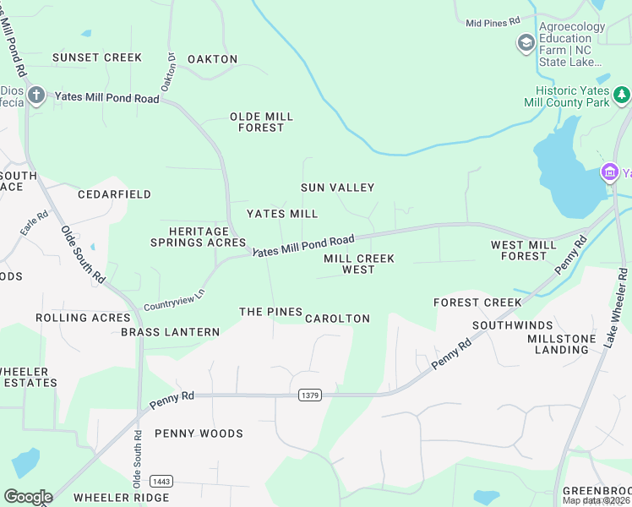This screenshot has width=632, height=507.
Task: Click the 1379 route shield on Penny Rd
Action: (x=310, y=395)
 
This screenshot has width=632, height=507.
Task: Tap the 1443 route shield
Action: (x=161, y=481)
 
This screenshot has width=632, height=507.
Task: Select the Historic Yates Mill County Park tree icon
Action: (x=622, y=94)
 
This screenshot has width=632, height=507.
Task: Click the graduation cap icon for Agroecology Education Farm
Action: (x=526, y=43)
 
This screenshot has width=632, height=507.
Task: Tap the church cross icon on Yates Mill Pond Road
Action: (x=35, y=94)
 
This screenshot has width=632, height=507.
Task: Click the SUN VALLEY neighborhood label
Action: (x=337, y=188)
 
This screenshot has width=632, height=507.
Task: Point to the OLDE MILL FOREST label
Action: (x=262, y=122)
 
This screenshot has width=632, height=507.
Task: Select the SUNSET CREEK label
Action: (x=97, y=57)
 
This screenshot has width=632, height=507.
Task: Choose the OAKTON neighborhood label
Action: (x=212, y=59)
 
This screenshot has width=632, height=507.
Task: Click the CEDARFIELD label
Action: (x=114, y=194)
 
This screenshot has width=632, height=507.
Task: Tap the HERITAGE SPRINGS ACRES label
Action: (x=198, y=237)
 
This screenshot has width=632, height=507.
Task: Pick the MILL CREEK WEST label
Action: (x=359, y=264)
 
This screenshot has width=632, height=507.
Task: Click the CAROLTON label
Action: (x=337, y=319)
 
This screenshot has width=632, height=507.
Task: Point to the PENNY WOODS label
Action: (x=199, y=433)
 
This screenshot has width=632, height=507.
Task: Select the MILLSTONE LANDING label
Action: (x=564, y=344)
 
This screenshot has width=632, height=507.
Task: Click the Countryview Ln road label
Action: (x=174, y=299)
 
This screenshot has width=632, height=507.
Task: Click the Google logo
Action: (x=28, y=496)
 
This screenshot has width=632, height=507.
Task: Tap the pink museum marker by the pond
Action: (x=609, y=173)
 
